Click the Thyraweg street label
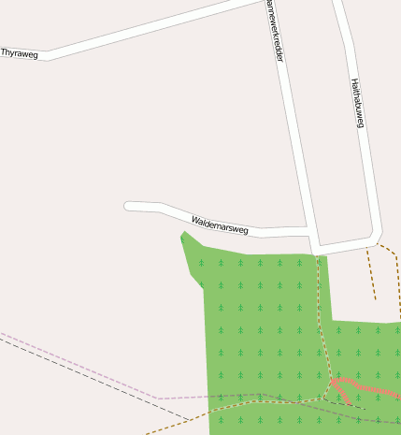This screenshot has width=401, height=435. [x=20, y=53]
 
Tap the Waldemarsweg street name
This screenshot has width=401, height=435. [x=220, y=224]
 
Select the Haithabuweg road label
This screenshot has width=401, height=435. [x=356, y=102]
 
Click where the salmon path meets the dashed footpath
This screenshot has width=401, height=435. [x=332, y=382]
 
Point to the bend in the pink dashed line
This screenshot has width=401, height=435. [x=159, y=399]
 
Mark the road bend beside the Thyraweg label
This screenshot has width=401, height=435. [x=47, y=56]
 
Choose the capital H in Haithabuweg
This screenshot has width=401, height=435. [x=353, y=81]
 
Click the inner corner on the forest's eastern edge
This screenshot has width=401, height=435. [x=331, y=322]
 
